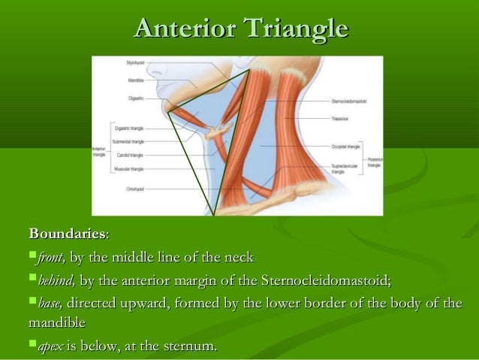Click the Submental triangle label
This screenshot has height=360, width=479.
point(128,141)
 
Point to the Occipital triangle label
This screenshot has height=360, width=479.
point(345,146)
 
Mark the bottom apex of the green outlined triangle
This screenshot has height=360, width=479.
point(214,215)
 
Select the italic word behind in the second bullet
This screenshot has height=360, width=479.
point(56,281)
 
